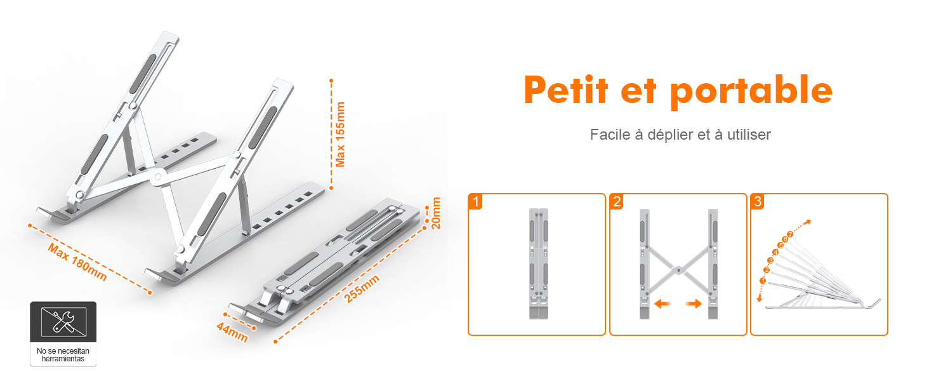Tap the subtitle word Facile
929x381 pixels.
click(x=610, y=135)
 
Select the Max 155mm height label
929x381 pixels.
click(x=341, y=135)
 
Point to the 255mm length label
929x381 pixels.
click(x=362, y=289)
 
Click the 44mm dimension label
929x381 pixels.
click(x=232, y=332)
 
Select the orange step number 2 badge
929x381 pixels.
click(x=617, y=202)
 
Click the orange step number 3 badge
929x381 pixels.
click(x=758, y=202)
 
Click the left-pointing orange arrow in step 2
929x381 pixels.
click(x=662, y=304)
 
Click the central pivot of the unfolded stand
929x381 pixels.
click(x=157, y=178)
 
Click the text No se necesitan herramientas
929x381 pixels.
click(x=63, y=354)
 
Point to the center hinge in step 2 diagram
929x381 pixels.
click(x=678, y=270)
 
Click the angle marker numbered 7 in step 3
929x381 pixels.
click(x=790, y=234)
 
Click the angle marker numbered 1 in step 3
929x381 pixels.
click(x=763, y=281)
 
